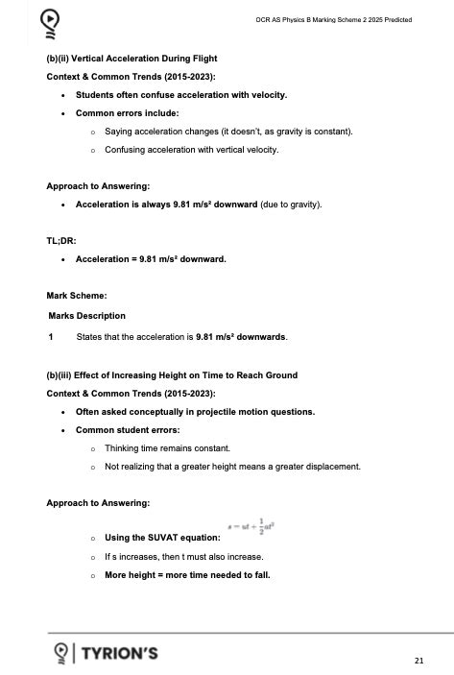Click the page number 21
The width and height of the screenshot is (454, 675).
(x=418, y=661)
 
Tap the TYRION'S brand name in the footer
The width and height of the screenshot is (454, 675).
(x=120, y=654)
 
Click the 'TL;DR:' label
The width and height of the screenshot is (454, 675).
(x=61, y=241)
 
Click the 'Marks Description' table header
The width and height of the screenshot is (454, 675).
(x=87, y=316)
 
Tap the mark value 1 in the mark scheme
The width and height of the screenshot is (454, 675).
(x=50, y=337)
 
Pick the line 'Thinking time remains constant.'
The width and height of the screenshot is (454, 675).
(x=167, y=448)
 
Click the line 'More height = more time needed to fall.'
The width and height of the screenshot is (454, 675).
(x=187, y=575)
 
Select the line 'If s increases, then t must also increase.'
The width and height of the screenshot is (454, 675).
(x=183, y=557)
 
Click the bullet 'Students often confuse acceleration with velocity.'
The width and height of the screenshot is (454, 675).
(x=181, y=95)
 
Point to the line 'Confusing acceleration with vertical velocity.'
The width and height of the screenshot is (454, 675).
(x=191, y=150)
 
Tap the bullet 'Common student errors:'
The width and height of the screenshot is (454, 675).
(x=128, y=430)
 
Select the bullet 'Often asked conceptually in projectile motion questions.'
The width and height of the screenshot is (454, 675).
(x=195, y=412)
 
